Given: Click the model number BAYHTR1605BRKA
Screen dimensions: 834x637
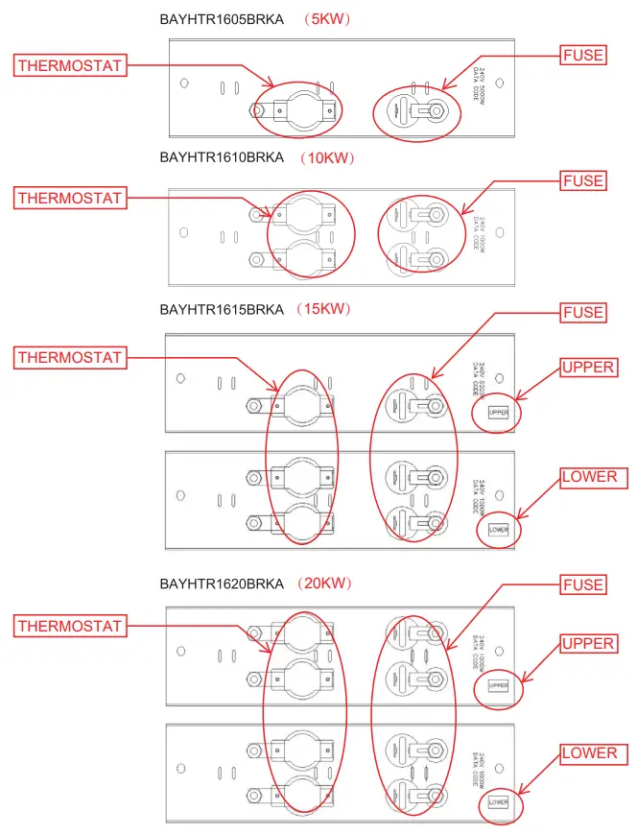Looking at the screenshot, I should pos(222,19).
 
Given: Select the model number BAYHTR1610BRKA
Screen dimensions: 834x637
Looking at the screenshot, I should pos(222,157).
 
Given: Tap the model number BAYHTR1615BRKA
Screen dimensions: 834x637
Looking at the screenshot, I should pos(222,309).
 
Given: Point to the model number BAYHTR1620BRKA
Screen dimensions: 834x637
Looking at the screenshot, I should pos(222,584).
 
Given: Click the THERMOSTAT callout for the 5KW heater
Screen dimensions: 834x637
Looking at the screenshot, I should pos(70,65).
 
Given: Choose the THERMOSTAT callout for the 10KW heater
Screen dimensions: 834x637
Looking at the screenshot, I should pos(70,198).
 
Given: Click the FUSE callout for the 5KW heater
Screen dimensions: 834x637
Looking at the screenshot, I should pos(583,56).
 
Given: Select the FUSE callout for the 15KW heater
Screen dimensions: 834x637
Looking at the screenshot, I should pos(583,312).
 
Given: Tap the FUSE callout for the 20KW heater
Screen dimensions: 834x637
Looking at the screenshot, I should pos(583,584).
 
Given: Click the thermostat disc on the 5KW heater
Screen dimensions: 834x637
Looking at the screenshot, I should pos(304,110).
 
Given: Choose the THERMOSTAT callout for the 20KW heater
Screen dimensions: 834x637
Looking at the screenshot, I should pos(70,626).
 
